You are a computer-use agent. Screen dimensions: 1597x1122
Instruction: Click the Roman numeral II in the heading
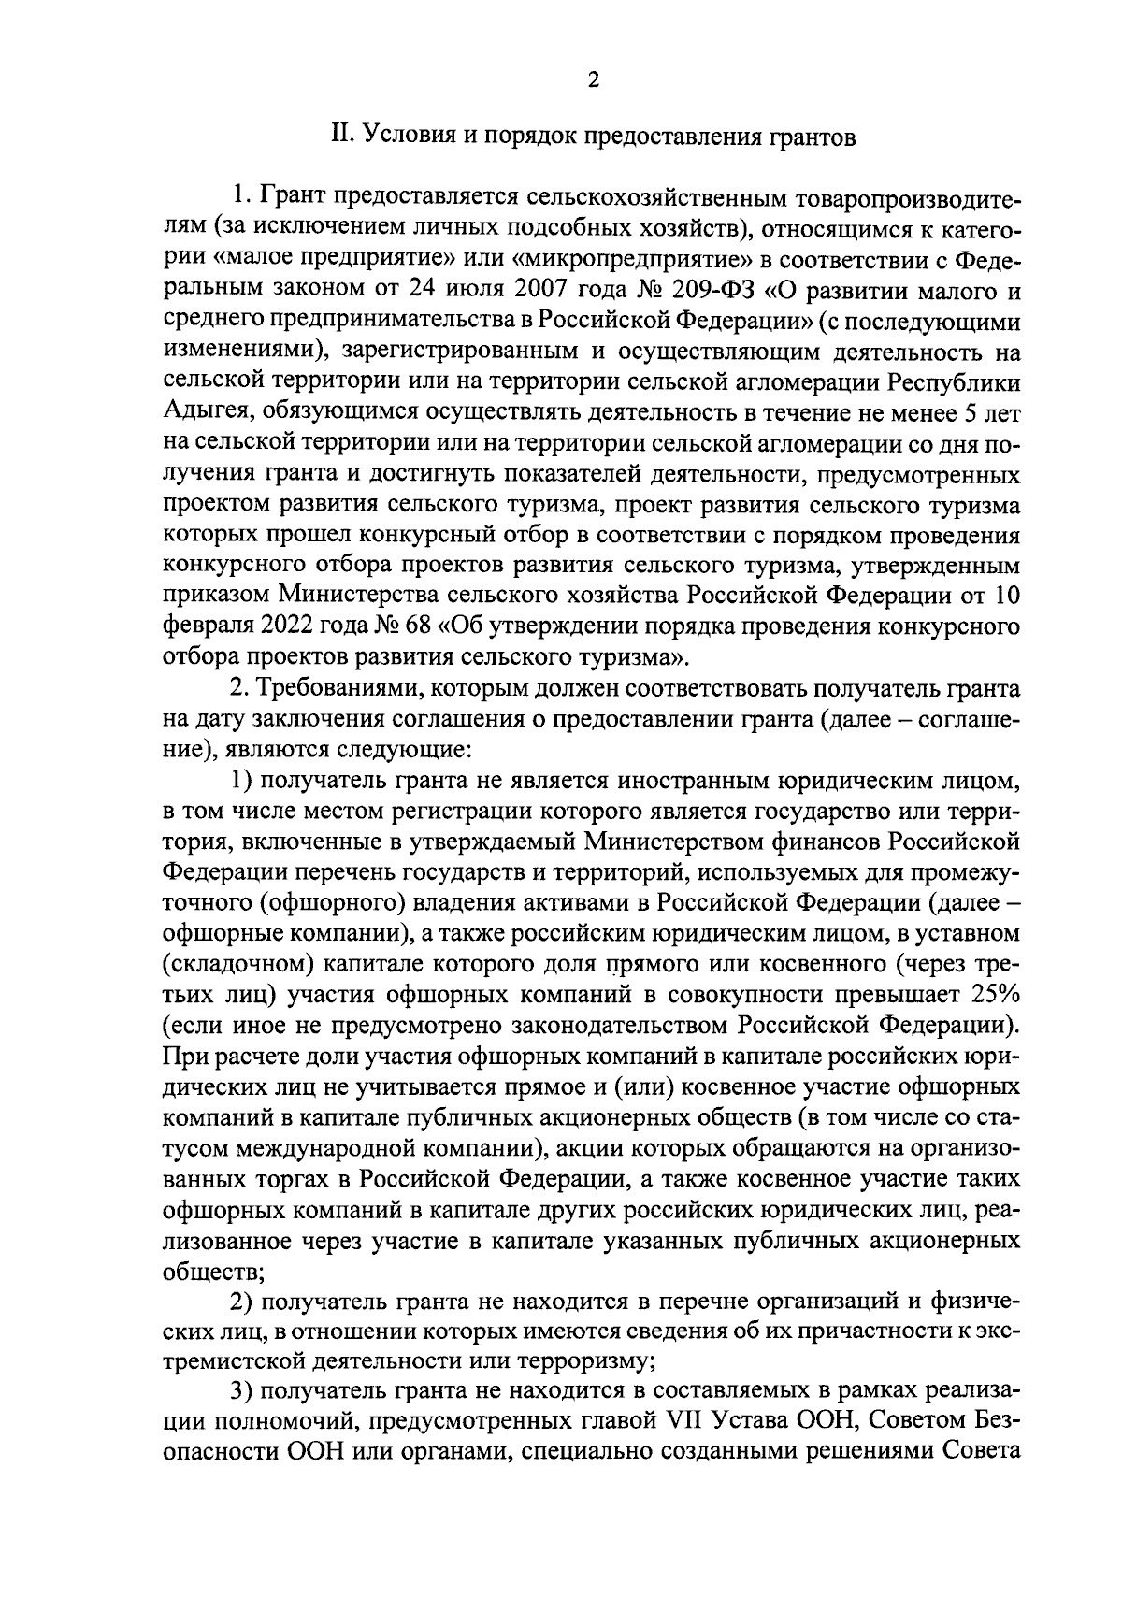click(x=340, y=137)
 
